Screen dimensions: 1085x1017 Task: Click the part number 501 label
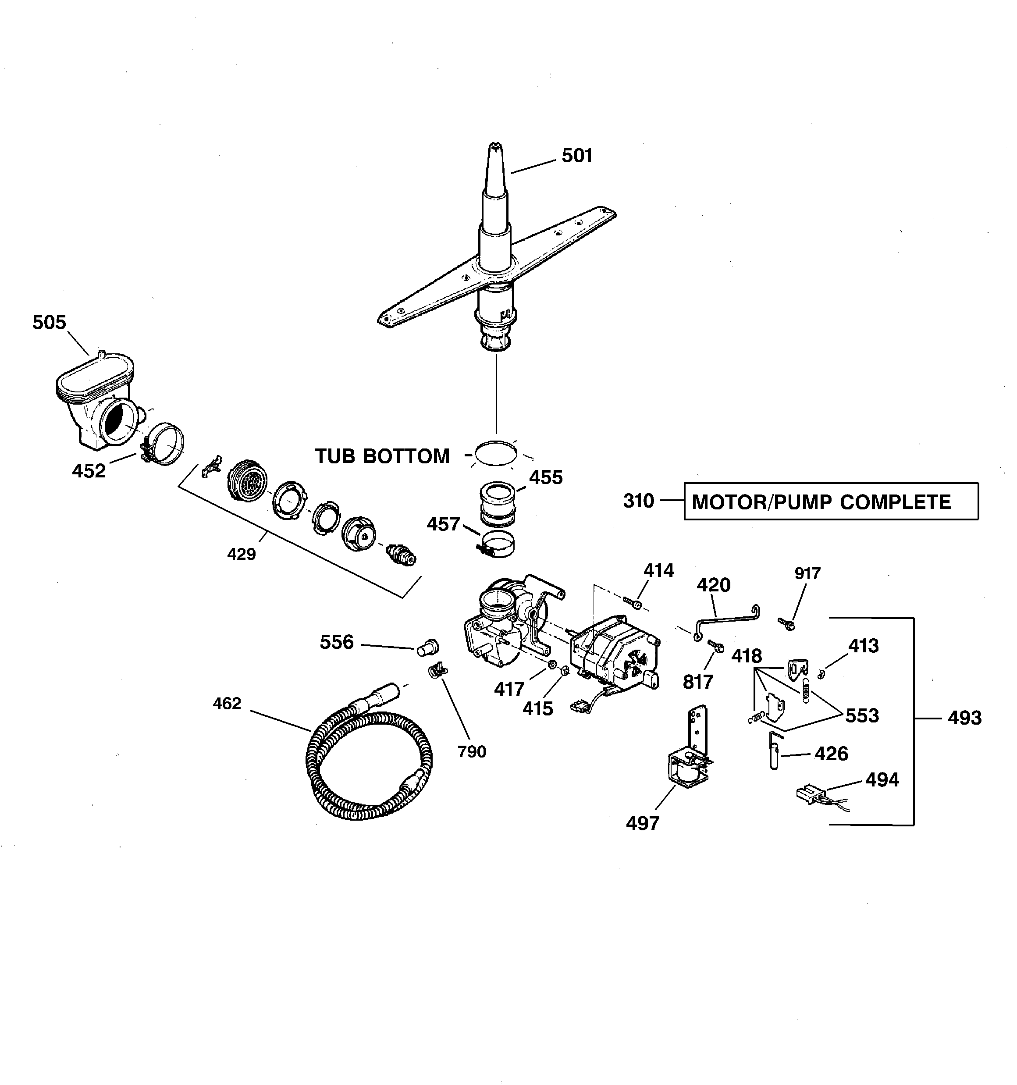577,156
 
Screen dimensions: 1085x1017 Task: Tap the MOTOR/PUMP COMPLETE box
830,501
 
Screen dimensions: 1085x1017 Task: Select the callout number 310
638,501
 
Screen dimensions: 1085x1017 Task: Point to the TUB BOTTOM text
382,456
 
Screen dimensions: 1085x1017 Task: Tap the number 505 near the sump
49,323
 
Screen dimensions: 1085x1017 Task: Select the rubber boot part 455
498,502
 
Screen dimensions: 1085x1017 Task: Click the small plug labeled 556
427,648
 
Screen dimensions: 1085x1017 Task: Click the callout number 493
964,718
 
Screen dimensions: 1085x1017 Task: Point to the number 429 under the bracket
241,555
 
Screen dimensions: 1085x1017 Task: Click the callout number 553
862,715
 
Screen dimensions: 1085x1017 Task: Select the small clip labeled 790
436,670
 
